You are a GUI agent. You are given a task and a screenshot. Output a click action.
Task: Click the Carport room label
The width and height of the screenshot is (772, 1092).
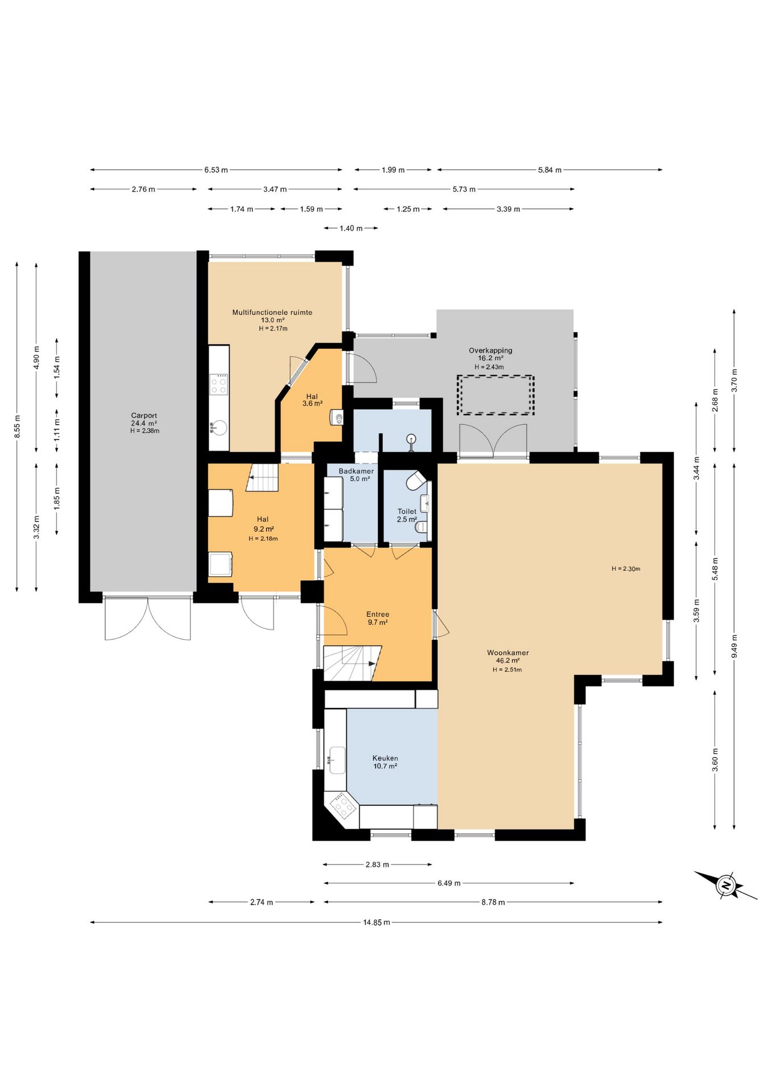(x=144, y=416)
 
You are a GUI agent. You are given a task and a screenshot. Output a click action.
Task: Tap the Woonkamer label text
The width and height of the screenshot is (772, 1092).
(x=508, y=653)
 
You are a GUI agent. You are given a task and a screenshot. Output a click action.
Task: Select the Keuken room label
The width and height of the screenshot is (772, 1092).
(x=385, y=758)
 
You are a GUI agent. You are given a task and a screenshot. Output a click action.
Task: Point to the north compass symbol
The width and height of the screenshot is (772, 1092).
(x=726, y=885)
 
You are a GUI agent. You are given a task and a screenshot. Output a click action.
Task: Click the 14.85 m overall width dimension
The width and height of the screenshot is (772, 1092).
(x=376, y=923)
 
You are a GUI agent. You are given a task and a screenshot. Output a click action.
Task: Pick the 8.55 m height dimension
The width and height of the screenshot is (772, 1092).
(x=18, y=427)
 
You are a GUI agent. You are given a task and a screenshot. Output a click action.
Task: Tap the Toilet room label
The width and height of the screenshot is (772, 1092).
(x=407, y=511)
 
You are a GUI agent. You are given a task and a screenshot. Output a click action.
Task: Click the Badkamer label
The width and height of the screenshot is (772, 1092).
(x=356, y=471)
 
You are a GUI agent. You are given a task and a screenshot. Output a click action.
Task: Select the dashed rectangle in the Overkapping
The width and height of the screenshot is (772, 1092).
(x=496, y=395)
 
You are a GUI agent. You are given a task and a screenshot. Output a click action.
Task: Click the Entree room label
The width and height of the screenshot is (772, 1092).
(x=377, y=614)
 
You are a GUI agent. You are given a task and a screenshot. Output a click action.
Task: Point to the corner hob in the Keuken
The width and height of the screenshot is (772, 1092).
(x=343, y=805)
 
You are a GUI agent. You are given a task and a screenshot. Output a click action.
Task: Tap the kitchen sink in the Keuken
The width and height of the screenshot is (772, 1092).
(x=337, y=760)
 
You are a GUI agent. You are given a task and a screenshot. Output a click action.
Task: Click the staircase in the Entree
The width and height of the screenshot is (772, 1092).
(x=352, y=663)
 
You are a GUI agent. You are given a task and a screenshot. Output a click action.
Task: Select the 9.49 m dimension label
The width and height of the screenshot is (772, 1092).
(x=734, y=646)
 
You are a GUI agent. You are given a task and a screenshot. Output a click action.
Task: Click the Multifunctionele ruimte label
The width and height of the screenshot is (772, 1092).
(x=272, y=312)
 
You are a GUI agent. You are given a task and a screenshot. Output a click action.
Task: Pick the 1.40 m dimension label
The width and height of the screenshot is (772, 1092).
(x=351, y=228)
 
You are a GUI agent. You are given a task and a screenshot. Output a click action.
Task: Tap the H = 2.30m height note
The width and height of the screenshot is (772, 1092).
(x=626, y=569)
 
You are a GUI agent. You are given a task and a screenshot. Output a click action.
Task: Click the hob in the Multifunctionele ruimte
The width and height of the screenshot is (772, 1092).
(x=219, y=384)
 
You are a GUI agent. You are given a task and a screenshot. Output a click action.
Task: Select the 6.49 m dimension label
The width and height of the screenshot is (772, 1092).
(x=449, y=883)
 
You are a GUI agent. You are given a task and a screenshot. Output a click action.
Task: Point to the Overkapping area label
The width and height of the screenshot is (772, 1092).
(x=491, y=350)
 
